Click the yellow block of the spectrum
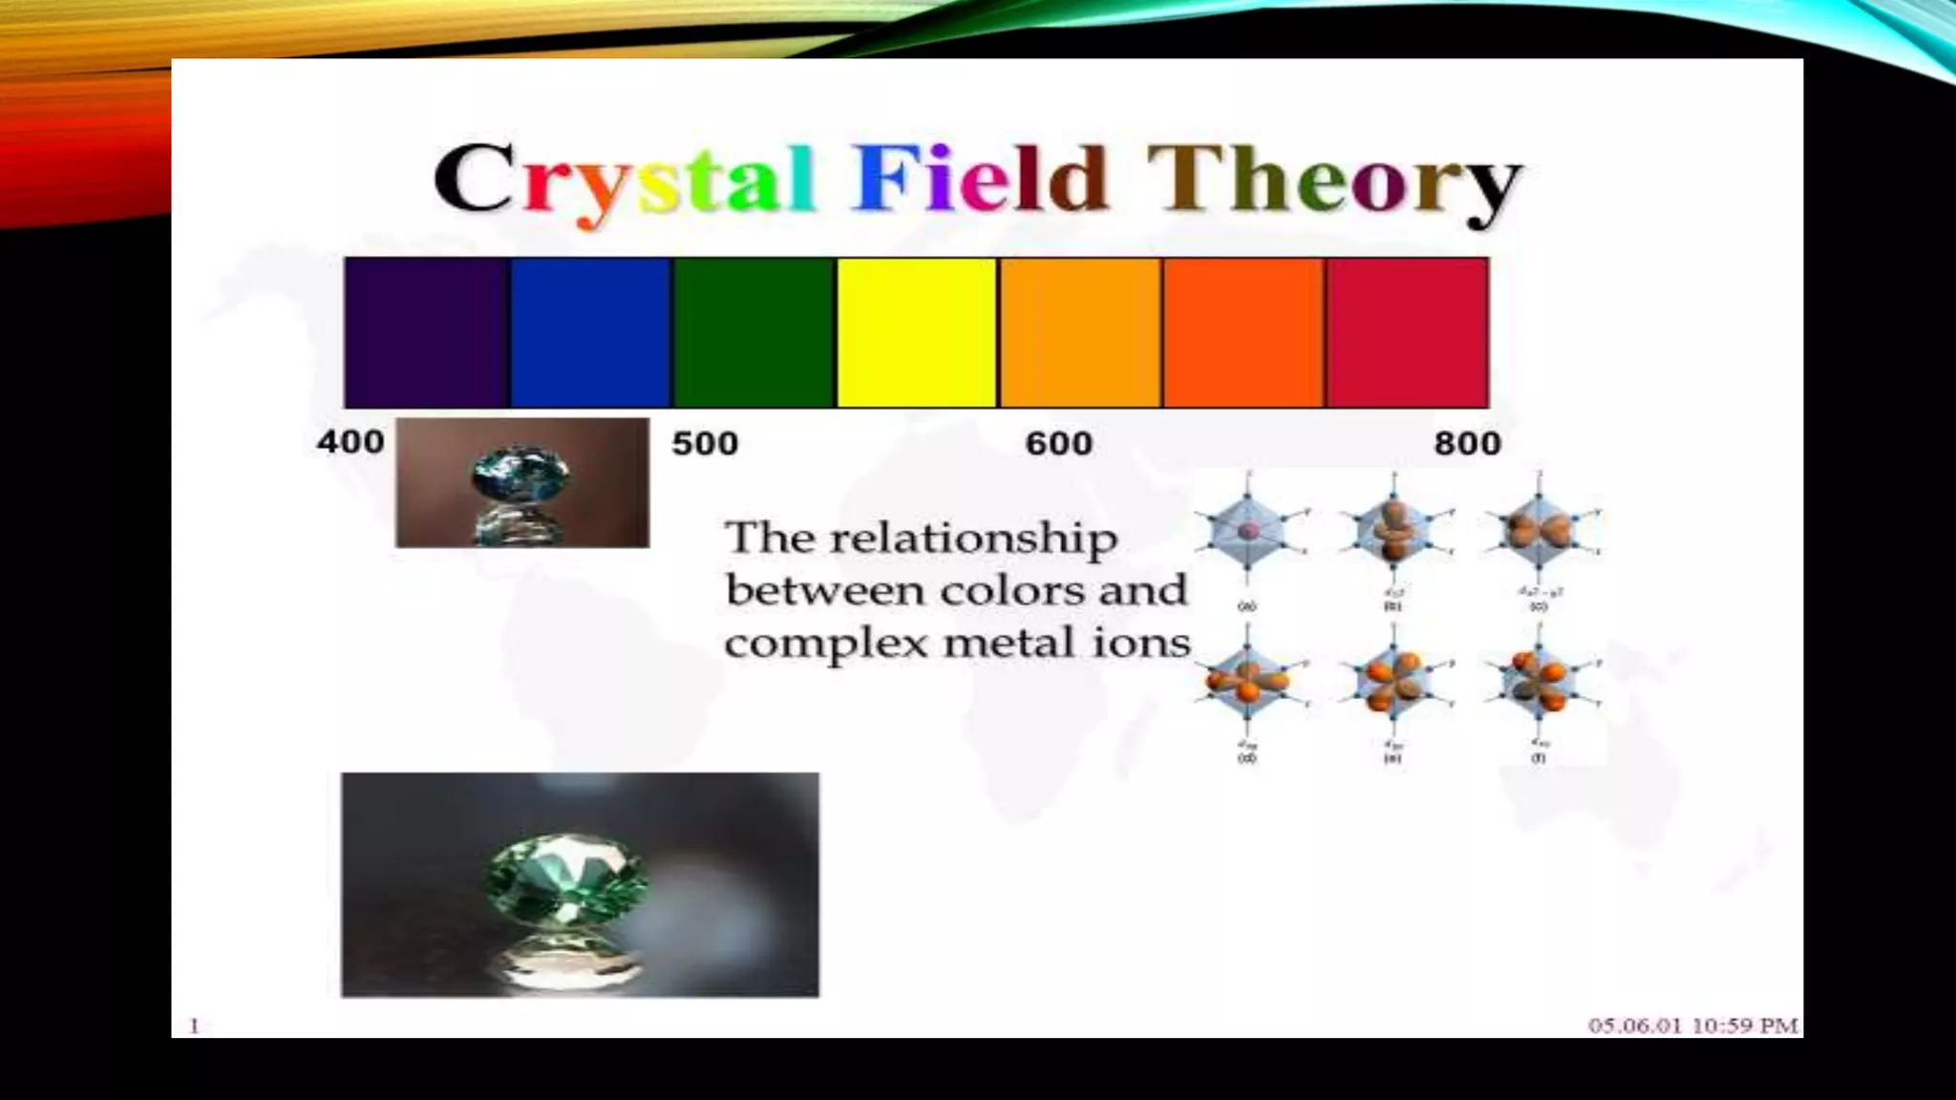pyautogui.click(x=917, y=332)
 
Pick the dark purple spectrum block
pyautogui.click(x=426, y=332)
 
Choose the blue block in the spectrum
pyautogui.click(x=590, y=332)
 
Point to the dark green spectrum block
pyautogui.click(x=755, y=332)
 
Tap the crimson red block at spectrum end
pyautogui.click(x=1408, y=332)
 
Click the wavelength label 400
pyautogui.click(x=351, y=442)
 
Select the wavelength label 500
pyautogui.click(x=705, y=444)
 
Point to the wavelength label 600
pyautogui.click(x=1058, y=444)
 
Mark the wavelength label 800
pyautogui.click(x=1467, y=444)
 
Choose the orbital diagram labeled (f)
pyautogui.click(x=1538, y=684)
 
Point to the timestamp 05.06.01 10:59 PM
pyautogui.click(x=1692, y=1026)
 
